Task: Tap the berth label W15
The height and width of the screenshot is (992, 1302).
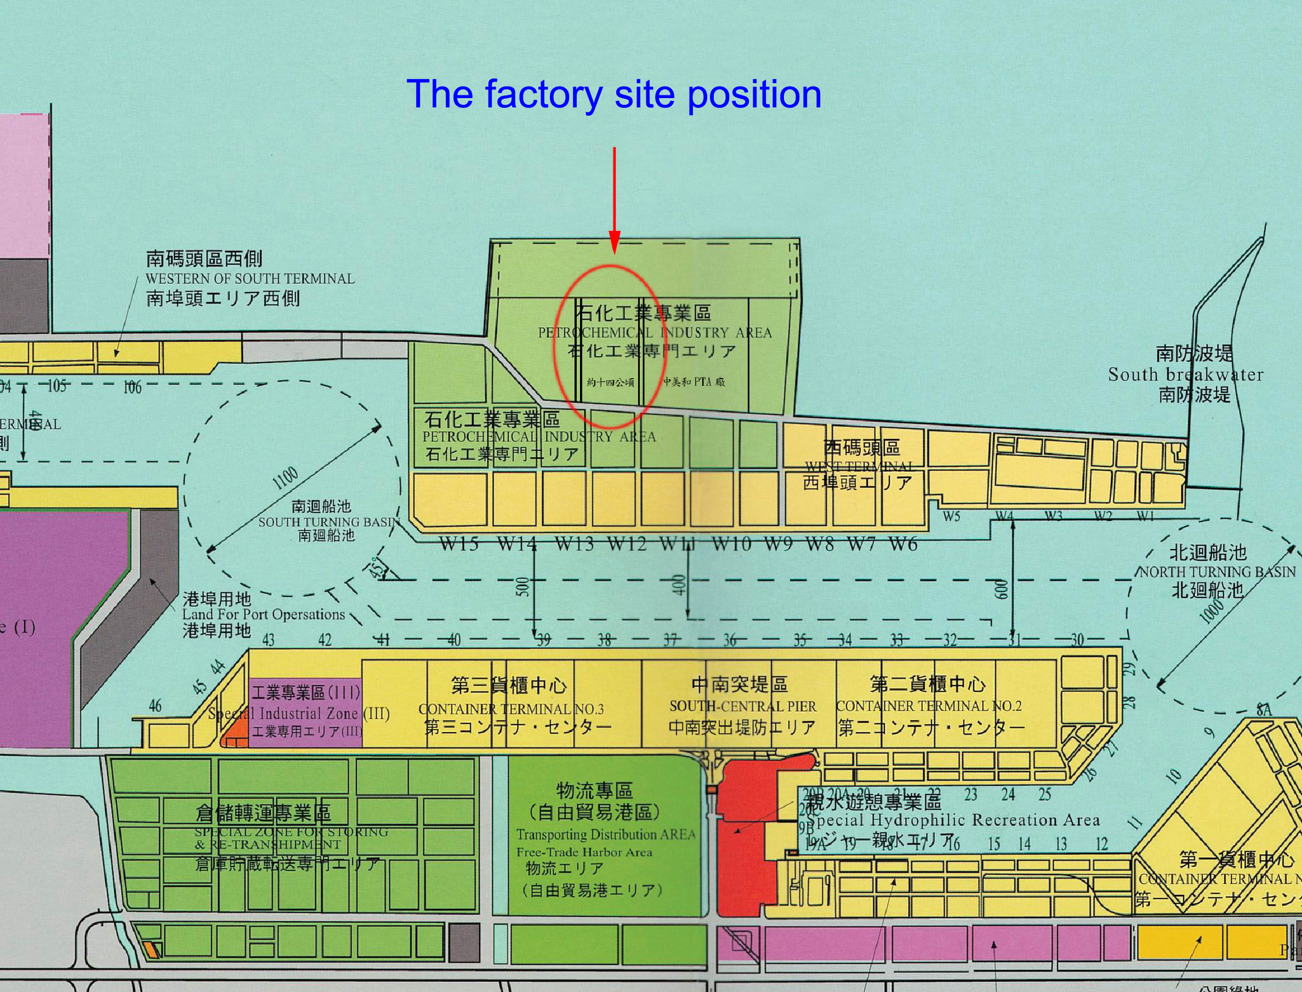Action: click(459, 543)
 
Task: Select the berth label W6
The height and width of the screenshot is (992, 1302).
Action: click(903, 543)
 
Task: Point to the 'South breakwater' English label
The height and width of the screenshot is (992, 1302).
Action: click(1186, 374)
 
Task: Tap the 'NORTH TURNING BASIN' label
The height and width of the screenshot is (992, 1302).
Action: click(1217, 572)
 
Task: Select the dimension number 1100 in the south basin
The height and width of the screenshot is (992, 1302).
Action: click(286, 478)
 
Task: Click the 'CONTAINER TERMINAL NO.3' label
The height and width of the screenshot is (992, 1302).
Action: click(511, 709)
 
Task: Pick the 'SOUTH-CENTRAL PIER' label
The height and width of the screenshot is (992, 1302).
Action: click(743, 706)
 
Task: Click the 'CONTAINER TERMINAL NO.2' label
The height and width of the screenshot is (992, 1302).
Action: click(929, 705)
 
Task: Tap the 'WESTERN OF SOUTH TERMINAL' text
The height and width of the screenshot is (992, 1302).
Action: click(250, 279)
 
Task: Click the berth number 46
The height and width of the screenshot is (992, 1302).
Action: click(155, 705)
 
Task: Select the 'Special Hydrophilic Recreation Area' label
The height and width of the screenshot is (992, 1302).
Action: click(952, 820)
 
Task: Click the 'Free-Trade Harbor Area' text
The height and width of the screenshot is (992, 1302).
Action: click(584, 852)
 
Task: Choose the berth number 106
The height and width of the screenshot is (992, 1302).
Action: click(132, 387)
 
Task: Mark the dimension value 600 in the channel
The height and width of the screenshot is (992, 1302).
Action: click(999, 588)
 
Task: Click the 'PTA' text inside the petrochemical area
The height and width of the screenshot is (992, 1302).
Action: click(702, 382)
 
